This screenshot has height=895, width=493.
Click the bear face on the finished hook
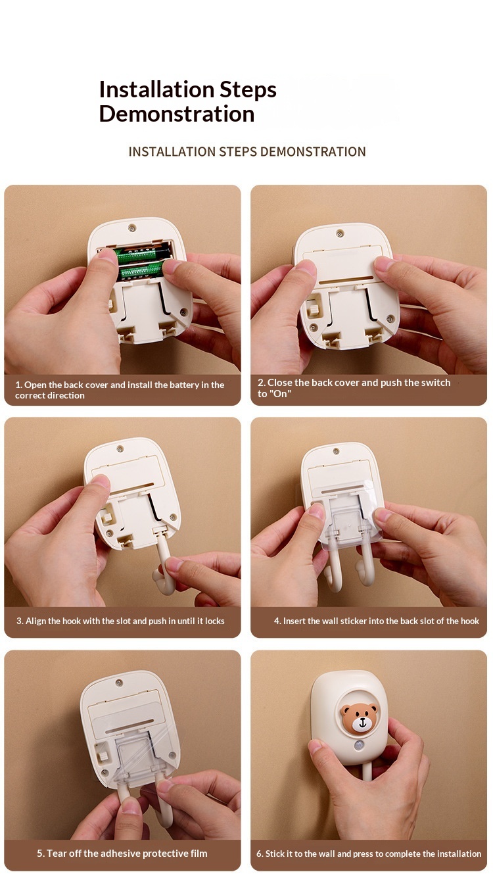(x=359, y=718)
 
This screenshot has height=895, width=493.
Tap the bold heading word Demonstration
(x=177, y=114)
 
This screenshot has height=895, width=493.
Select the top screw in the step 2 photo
(x=340, y=233)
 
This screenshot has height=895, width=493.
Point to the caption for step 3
(x=120, y=621)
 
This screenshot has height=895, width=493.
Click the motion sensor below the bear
(x=360, y=746)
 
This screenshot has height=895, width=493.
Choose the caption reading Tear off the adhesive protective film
(x=122, y=854)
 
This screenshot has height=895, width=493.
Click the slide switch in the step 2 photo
(x=314, y=310)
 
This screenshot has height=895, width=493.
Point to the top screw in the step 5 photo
(x=119, y=683)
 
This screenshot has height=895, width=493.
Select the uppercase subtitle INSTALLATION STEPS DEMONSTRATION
(x=247, y=152)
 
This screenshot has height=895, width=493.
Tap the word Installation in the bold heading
(x=157, y=89)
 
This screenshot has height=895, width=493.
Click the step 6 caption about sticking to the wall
(x=368, y=854)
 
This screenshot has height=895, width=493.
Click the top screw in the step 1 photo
(x=132, y=228)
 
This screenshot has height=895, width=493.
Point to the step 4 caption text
(x=377, y=621)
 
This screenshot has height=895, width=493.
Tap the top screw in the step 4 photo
(x=337, y=452)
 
